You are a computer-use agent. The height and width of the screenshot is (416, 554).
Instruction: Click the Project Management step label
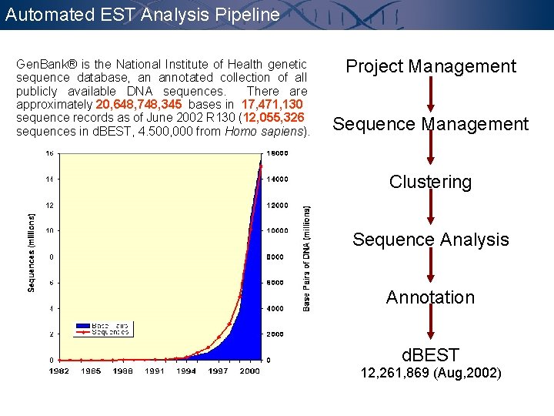pyautogui.click(x=431, y=66)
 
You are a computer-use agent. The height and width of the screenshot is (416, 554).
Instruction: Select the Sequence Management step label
pyautogui.click(x=431, y=124)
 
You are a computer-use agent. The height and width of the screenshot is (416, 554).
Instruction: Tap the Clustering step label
pyautogui.click(x=430, y=182)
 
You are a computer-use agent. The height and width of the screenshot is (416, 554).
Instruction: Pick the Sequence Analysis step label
pyautogui.click(x=431, y=240)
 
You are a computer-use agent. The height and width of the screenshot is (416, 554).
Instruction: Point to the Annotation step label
pyautogui.click(x=430, y=297)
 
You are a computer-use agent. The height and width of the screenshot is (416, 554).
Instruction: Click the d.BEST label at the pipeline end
pyautogui.click(x=431, y=355)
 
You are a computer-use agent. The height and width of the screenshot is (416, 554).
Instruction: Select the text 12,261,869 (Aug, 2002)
pyautogui.click(x=431, y=374)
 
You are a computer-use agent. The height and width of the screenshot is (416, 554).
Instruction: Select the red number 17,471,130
pyautogui.click(x=273, y=104)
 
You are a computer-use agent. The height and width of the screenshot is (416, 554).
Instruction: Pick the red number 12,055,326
pyautogui.click(x=275, y=118)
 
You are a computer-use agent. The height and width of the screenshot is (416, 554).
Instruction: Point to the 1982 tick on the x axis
pyautogui.click(x=59, y=371)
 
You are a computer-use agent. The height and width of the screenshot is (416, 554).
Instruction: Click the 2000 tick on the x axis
pyautogui.click(x=249, y=371)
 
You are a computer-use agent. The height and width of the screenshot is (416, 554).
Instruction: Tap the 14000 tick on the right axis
pyautogui.click(x=277, y=179)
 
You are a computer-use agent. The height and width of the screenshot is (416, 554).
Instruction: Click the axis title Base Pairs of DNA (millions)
pyautogui.click(x=307, y=257)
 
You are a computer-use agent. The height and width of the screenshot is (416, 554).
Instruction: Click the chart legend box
pyautogui.click(x=103, y=329)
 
